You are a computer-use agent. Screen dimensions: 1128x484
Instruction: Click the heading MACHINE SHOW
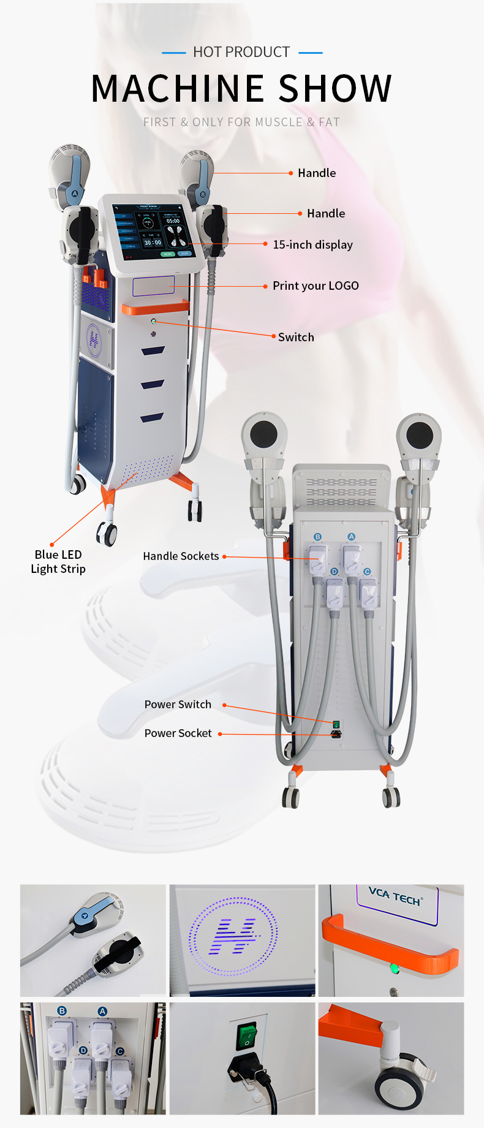click(241, 88)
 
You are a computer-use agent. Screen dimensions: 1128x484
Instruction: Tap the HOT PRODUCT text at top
click(241, 52)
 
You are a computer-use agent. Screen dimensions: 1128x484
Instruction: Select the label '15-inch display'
click(312, 244)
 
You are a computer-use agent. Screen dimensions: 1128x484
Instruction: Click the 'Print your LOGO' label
click(316, 286)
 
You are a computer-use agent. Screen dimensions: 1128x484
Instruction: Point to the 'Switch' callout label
click(296, 337)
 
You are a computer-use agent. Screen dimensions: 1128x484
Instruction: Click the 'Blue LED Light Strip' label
click(58, 562)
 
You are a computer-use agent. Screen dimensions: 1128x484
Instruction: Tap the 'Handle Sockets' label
click(181, 556)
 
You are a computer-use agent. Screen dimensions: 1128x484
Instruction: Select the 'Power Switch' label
click(178, 705)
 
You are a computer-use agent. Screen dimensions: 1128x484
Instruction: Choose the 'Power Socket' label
click(178, 733)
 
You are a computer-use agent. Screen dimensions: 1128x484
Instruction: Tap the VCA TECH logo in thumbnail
click(395, 896)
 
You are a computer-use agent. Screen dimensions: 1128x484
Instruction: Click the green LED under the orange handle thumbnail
click(394, 969)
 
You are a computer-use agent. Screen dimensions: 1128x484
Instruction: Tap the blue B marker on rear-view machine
click(317, 537)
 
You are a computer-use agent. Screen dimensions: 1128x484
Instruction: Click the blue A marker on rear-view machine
click(351, 537)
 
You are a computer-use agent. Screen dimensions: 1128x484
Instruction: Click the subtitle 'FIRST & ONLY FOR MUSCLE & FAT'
click(241, 122)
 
